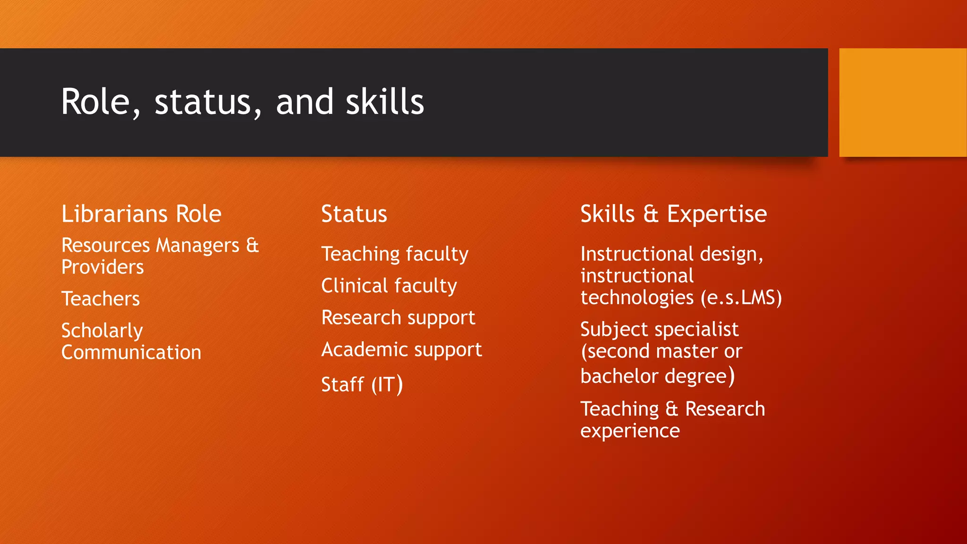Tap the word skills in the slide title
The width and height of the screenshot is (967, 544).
pyautogui.click(x=385, y=102)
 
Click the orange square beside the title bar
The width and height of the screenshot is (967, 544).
pyautogui.click(x=903, y=102)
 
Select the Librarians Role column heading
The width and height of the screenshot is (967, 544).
pyautogui.click(x=141, y=214)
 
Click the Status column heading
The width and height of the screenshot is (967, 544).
pyautogui.click(x=354, y=214)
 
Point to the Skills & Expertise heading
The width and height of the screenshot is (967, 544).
pyautogui.click(x=673, y=214)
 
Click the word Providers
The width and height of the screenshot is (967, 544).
pyautogui.click(x=102, y=267)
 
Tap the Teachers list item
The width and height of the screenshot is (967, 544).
pyautogui.click(x=101, y=299)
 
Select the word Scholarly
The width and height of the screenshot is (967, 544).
pyautogui.click(x=102, y=331)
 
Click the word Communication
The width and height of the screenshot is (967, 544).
pyautogui.click(x=131, y=353)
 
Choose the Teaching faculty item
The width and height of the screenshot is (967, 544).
pyautogui.click(x=395, y=255)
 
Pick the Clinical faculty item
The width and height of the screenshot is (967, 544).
pyautogui.click(x=389, y=286)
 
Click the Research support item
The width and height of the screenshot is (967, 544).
pyautogui.click(x=398, y=318)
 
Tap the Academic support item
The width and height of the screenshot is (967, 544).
pyautogui.click(x=401, y=350)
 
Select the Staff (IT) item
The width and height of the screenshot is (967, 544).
pyautogui.click(x=362, y=384)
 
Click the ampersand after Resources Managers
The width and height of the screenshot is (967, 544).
pyautogui.click(x=253, y=246)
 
